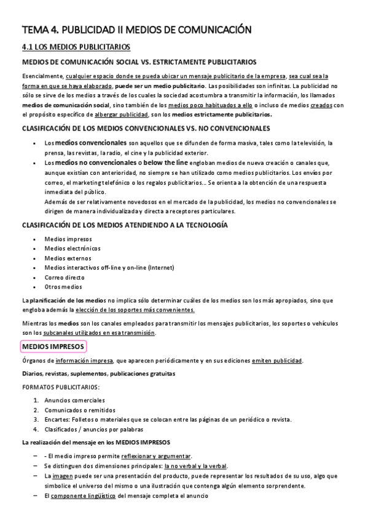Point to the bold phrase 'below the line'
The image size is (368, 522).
(x=163, y=163)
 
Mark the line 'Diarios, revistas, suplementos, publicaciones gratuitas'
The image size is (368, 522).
(x=98, y=374)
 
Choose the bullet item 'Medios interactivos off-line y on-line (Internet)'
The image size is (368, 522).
(x=109, y=267)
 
